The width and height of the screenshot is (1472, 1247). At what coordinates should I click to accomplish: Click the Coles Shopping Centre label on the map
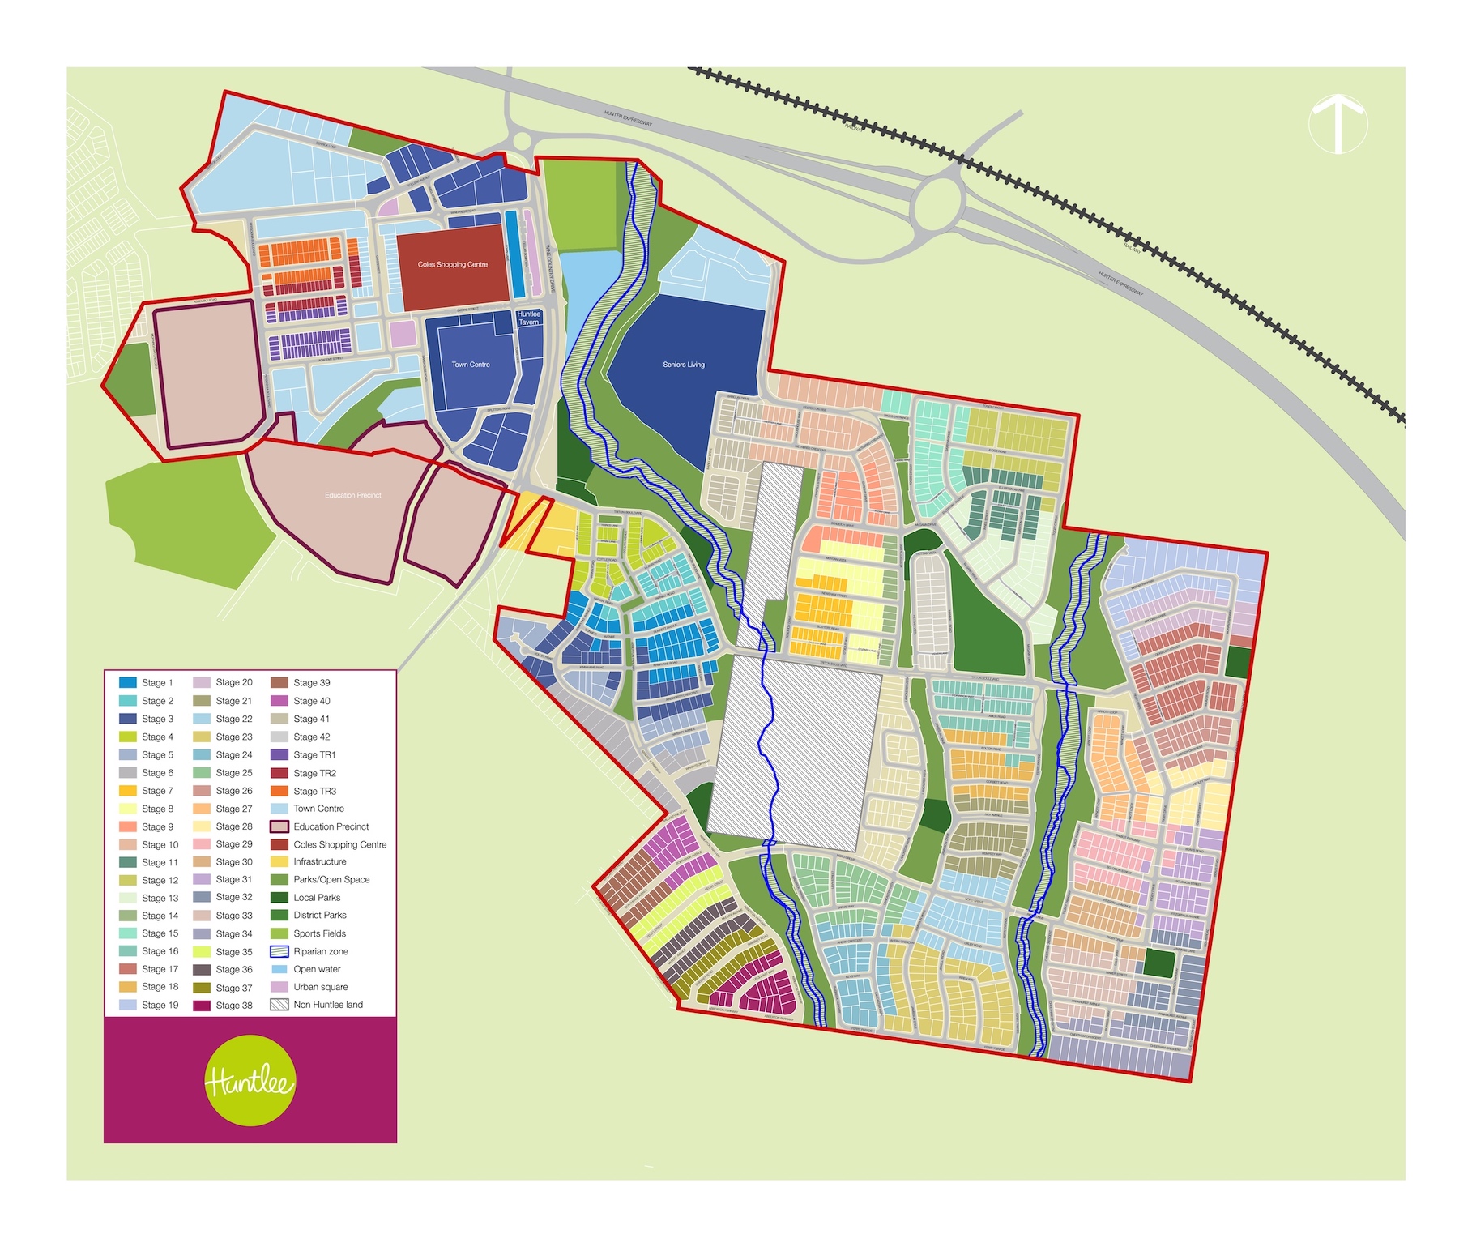tap(452, 264)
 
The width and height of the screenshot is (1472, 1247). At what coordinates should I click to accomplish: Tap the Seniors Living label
tap(683, 365)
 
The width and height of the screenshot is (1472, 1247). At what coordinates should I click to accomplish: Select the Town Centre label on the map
tap(470, 365)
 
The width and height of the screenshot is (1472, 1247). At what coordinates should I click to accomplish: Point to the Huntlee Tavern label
tap(528, 318)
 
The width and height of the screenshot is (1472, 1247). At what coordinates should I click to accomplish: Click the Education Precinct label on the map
tap(352, 495)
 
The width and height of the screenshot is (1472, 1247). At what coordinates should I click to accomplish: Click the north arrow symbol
tap(1338, 124)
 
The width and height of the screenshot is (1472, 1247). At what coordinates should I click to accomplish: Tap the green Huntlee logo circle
tap(250, 1080)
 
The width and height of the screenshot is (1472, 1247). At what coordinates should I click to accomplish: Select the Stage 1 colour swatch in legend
tap(127, 683)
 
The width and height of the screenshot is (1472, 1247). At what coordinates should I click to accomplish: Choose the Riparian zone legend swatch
tap(279, 952)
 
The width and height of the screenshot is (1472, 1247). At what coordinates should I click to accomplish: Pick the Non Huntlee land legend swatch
tap(279, 1005)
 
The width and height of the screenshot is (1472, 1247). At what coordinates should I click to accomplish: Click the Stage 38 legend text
tap(234, 1006)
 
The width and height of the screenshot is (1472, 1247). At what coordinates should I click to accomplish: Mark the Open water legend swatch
tap(279, 970)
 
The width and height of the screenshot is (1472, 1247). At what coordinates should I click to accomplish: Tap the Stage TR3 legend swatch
tap(279, 791)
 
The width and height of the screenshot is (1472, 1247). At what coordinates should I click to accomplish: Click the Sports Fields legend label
tap(319, 933)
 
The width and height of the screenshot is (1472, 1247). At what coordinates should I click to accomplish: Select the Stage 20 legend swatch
tap(202, 683)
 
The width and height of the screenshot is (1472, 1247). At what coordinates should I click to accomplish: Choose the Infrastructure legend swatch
tap(279, 862)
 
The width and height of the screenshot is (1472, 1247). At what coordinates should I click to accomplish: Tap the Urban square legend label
tap(320, 987)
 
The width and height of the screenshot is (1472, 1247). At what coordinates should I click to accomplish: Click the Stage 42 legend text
tap(311, 737)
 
